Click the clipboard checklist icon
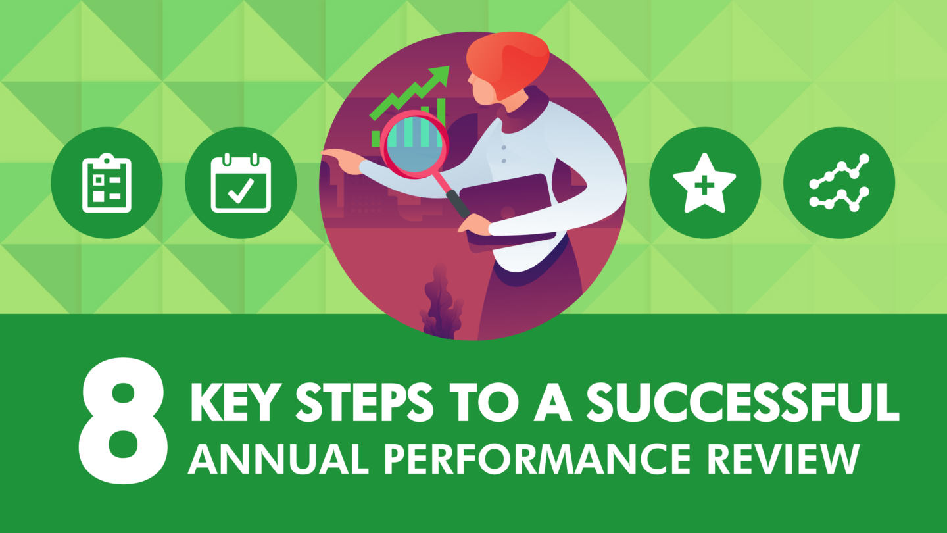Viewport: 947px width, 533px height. (107, 183)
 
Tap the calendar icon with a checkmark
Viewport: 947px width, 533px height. (241, 183)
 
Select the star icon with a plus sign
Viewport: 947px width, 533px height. (705, 183)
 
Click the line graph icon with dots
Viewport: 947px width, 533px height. (839, 183)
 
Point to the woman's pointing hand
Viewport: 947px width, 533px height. (342, 158)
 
